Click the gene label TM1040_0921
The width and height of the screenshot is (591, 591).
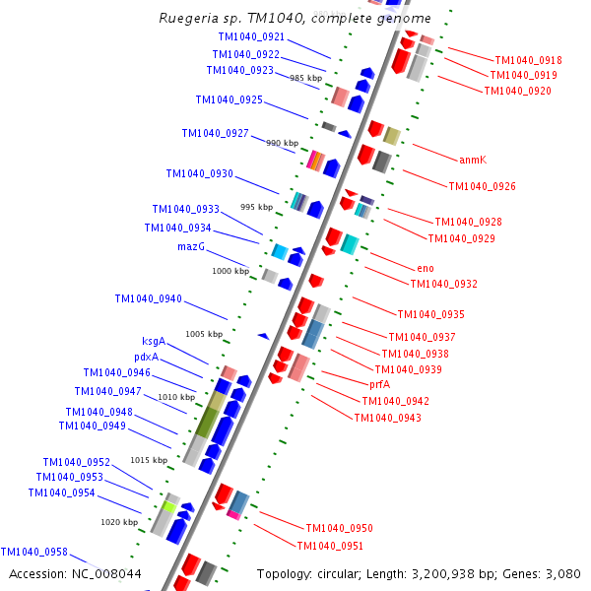click(250, 37)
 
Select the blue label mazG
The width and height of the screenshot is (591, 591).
click(191, 246)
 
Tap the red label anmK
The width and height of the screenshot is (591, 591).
click(473, 160)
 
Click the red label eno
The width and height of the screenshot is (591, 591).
click(425, 268)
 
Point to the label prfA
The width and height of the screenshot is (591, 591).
click(379, 385)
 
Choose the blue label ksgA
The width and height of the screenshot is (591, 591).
click(154, 342)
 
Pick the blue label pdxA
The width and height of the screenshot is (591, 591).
click(146, 357)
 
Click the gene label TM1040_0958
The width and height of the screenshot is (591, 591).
click(33, 553)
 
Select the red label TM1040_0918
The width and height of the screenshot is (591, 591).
click(528, 60)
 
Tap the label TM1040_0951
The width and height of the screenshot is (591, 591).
click(330, 546)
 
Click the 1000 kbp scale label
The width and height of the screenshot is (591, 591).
click(230, 271)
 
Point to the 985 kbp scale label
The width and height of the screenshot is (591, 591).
click(305, 78)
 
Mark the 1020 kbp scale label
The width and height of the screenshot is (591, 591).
click(119, 522)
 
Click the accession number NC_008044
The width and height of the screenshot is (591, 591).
click(75, 573)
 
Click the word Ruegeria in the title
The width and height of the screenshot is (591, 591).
click(189, 19)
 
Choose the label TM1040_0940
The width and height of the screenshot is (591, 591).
click(148, 298)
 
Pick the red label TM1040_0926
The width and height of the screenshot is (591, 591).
click(482, 186)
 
